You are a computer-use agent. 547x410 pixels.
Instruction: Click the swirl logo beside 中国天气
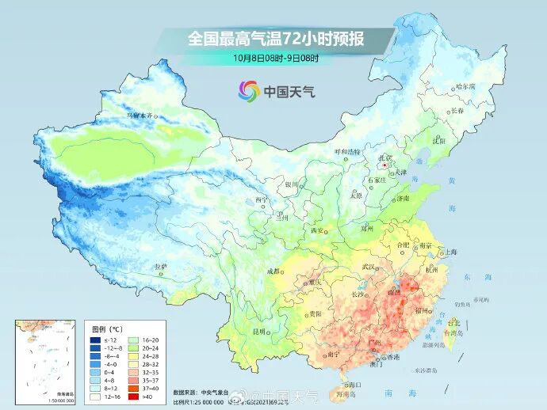(248, 91)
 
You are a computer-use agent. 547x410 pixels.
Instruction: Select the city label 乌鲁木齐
(142, 116)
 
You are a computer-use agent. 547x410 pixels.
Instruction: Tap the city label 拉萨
(161, 267)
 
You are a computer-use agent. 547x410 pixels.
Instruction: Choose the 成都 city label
(274, 271)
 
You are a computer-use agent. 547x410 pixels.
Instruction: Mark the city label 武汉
(367, 267)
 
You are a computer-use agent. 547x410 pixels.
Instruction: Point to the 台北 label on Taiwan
(453, 323)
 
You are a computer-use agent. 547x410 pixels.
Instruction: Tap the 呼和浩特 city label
(346, 151)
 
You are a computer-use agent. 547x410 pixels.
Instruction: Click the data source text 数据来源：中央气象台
(198, 392)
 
